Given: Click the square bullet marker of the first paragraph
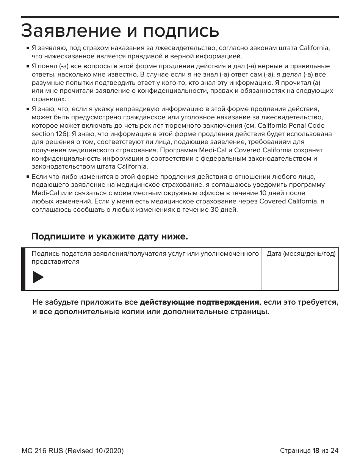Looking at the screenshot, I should click(x=28, y=49).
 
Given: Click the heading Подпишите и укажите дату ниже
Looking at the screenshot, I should click(x=110, y=237).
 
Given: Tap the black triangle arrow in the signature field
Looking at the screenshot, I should click(x=38, y=277).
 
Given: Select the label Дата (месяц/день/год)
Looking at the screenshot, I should click(x=301, y=254).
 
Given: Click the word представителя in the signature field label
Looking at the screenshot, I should click(x=55, y=262).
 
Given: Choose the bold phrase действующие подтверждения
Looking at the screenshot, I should click(x=199, y=303).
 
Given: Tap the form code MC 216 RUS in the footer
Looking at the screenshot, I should click(x=42, y=451).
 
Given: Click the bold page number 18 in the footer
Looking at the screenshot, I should click(x=316, y=450).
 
